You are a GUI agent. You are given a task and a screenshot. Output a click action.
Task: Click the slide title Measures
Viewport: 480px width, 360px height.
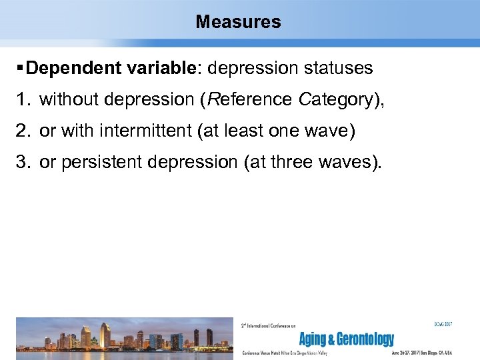tap(239, 22)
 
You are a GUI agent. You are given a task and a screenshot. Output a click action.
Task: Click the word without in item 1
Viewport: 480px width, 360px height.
tap(69, 100)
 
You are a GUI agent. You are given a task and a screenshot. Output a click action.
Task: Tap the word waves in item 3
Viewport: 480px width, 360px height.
tap(350, 163)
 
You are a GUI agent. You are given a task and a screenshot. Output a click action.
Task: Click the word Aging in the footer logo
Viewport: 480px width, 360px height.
tap(314, 339)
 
